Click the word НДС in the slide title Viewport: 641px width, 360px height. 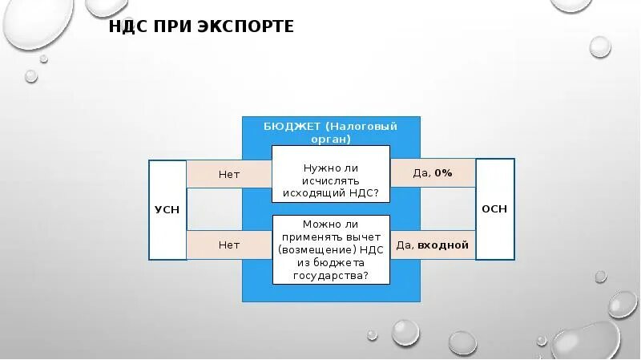(x=128, y=27)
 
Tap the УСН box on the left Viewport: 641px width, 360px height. (x=167, y=209)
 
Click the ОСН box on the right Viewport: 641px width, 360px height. (x=494, y=208)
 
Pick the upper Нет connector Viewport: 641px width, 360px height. (x=229, y=173)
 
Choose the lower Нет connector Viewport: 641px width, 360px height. (x=229, y=245)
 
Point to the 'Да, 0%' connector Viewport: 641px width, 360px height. (x=433, y=173)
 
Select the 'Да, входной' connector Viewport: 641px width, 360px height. (x=433, y=245)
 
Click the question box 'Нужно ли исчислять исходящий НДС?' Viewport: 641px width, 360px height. (x=331, y=180)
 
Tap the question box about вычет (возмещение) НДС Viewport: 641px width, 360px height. (x=331, y=249)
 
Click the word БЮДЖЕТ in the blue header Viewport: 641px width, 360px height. (x=292, y=127)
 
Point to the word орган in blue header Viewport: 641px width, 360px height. (x=331, y=139)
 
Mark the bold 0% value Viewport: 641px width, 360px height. (x=444, y=173)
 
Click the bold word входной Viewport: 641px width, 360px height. (x=442, y=245)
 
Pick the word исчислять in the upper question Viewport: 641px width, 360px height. (x=331, y=180)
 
